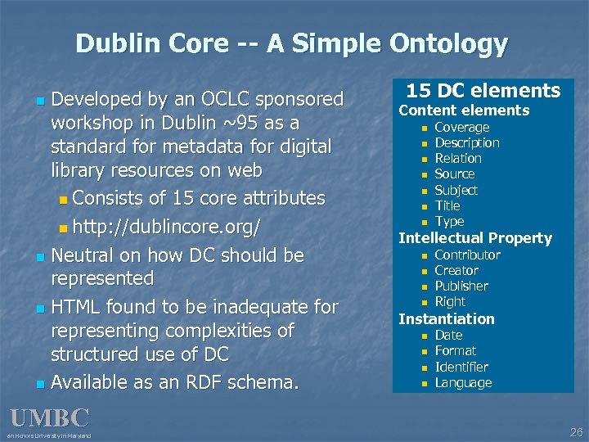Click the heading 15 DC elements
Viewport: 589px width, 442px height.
click(x=483, y=91)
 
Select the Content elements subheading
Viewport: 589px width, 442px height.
click(x=464, y=110)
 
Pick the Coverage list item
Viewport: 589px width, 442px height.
click(x=461, y=127)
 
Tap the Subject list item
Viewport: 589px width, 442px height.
click(x=456, y=190)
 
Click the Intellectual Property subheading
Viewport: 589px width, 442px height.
click(x=474, y=238)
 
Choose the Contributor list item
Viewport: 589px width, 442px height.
click(x=467, y=255)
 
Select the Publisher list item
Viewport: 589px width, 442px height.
click(x=461, y=286)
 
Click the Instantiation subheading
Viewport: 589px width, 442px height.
click(x=446, y=318)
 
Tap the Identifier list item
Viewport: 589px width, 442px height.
click(x=461, y=367)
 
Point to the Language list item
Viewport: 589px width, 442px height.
click(x=463, y=382)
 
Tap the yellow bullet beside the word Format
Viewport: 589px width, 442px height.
click(x=424, y=351)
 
